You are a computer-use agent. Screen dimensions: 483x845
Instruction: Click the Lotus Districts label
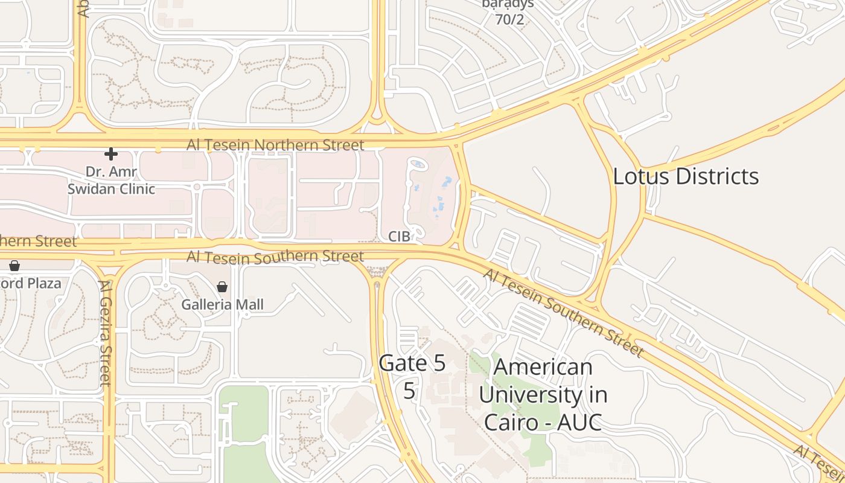click(686, 176)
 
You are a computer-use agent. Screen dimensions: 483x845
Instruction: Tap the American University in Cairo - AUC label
click(543, 394)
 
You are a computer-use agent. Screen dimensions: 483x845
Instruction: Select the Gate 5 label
click(412, 363)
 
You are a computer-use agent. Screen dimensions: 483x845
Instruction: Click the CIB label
click(399, 236)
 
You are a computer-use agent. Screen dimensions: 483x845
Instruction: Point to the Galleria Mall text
click(223, 304)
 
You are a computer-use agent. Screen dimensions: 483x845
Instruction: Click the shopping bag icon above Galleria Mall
click(222, 287)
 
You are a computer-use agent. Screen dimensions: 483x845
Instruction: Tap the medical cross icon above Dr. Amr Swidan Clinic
click(111, 154)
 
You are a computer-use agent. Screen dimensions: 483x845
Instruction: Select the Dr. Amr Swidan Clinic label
click(111, 180)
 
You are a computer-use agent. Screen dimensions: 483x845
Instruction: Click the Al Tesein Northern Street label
click(275, 145)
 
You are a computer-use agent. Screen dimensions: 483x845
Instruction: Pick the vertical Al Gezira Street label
click(106, 332)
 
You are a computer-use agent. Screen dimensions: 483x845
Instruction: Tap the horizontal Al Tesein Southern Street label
click(275, 257)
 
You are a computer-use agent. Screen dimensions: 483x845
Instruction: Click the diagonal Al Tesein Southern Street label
click(563, 312)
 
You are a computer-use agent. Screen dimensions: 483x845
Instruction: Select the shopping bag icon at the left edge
click(14, 266)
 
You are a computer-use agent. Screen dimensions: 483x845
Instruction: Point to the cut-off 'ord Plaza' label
click(30, 283)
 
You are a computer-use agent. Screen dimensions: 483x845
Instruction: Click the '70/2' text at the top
click(509, 19)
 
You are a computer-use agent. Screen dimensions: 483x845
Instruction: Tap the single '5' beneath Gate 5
click(409, 391)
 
